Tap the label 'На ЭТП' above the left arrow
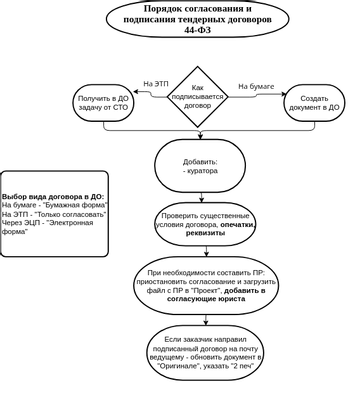pyautogui.click(x=155, y=84)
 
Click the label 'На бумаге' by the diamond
pyautogui.click(x=256, y=87)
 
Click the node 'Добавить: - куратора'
pyautogui.click(x=200, y=166)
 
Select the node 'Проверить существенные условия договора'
pyautogui.click(x=205, y=226)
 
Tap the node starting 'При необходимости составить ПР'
pyautogui.click(x=205, y=285)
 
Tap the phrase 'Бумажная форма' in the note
pyautogui.click(x=79, y=205)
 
